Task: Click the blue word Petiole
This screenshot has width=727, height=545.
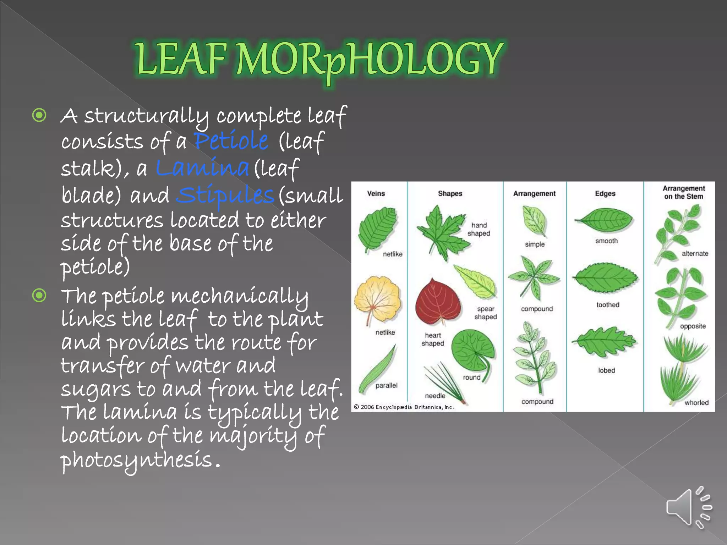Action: click(231, 141)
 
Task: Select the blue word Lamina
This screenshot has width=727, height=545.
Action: click(202, 167)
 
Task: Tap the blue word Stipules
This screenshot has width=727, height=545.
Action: click(225, 195)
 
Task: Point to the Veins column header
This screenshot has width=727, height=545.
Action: click(376, 193)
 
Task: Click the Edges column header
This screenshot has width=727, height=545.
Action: click(605, 193)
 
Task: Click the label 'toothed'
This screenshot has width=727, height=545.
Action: click(608, 305)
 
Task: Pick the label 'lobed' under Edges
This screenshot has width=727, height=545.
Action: click(607, 370)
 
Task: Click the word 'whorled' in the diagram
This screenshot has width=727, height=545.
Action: click(696, 403)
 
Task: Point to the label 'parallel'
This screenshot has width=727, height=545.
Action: click(387, 385)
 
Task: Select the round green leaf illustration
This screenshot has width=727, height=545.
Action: click(473, 349)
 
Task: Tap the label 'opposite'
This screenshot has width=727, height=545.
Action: click(693, 326)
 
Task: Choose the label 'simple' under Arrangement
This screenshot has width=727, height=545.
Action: click(535, 244)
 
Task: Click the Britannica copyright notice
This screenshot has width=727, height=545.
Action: click(404, 407)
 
